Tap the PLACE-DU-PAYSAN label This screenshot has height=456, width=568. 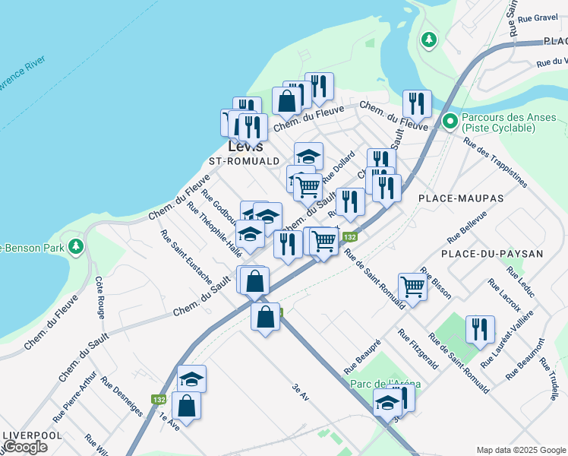tap(493, 253)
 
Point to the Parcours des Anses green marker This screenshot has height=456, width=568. tap(450, 120)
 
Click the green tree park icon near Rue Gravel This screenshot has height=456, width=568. tap(430, 38)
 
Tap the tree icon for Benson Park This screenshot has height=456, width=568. tap(75, 246)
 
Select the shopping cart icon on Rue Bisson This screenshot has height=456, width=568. tap(412, 287)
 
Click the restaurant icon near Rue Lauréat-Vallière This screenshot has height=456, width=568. tap(480, 329)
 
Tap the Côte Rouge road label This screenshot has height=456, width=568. tap(100, 297)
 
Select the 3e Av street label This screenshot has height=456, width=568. tap(301, 391)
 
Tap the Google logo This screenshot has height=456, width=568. tap(25, 447)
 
